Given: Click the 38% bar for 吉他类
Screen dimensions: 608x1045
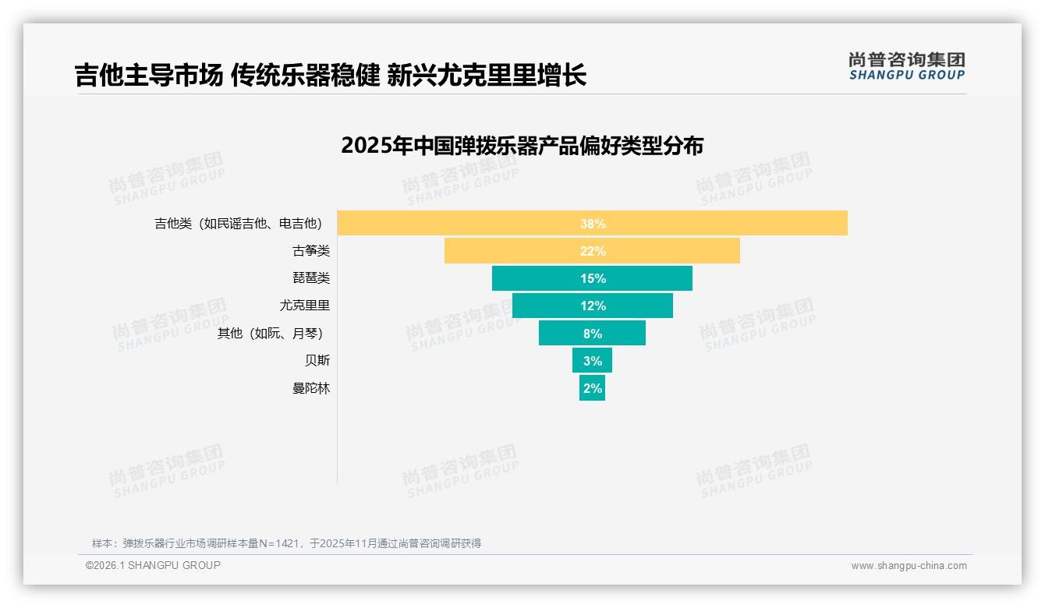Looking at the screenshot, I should click(x=592, y=223).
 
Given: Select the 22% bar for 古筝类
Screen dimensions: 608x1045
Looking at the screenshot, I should click(x=592, y=251).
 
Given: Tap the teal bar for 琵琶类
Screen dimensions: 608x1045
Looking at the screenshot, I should click(x=592, y=278).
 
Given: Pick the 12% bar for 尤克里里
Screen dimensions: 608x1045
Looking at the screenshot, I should click(x=592, y=306).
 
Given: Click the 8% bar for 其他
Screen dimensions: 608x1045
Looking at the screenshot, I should click(x=592, y=333).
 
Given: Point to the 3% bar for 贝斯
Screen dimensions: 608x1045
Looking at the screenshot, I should click(x=592, y=360).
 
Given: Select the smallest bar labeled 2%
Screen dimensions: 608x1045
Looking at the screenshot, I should click(x=592, y=387).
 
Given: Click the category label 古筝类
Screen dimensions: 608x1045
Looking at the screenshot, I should click(x=311, y=251).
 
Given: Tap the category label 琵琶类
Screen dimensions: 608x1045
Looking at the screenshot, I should click(x=311, y=278).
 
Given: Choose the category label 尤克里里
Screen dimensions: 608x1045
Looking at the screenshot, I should click(x=305, y=306).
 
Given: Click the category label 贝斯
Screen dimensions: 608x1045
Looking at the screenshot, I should click(x=317, y=360).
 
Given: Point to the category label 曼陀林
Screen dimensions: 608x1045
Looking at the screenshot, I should click(x=311, y=387).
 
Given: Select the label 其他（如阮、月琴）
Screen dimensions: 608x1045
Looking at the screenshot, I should click(x=271, y=333).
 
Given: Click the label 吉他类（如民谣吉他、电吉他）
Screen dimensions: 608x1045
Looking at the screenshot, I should click(x=239, y=224).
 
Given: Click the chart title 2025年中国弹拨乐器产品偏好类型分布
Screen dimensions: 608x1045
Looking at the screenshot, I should click(x=522, y=146).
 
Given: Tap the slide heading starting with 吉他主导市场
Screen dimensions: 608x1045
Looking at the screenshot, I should click(x=331, y=75).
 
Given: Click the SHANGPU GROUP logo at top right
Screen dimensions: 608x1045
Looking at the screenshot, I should click(x=906, y=66).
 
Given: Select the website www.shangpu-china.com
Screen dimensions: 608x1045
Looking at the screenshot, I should click(x=909, y=566).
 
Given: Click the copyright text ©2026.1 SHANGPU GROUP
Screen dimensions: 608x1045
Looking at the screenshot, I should click(x=153, y=565).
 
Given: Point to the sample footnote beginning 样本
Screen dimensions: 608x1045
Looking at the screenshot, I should click(x=286, y=543).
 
